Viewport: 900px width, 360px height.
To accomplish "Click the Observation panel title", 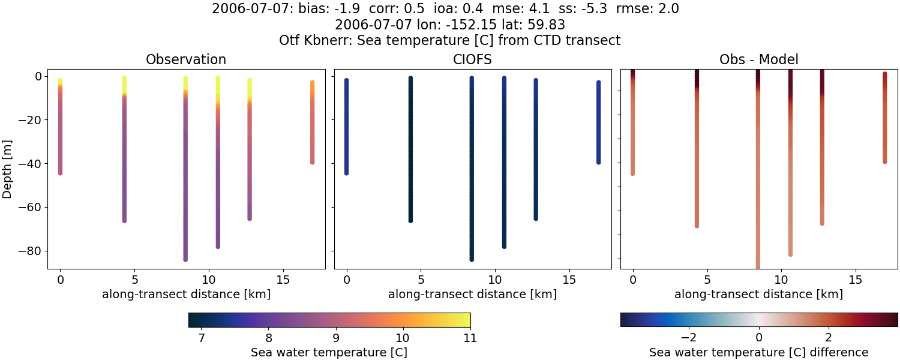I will [186, 60].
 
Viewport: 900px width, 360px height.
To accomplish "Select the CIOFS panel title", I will [472, 60].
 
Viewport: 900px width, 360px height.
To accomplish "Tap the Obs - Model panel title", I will [758, 60].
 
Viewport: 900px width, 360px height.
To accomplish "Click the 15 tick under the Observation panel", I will [283, 280].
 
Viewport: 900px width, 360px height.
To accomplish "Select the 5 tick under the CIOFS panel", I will [421, 280].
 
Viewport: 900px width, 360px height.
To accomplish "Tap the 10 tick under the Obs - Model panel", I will [781, 280].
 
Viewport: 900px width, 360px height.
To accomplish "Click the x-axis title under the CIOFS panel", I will [472, 295].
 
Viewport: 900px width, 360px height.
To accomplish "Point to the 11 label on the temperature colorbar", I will [470, 338].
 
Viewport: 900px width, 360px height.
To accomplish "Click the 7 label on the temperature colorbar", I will [202, 338].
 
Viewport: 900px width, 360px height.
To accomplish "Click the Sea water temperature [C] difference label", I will [758, 353].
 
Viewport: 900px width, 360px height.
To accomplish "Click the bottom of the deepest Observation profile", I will [185, 259].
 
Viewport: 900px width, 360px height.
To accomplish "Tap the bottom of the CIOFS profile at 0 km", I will [346, 173].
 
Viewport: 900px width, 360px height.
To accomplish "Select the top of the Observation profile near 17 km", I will [312, 83].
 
